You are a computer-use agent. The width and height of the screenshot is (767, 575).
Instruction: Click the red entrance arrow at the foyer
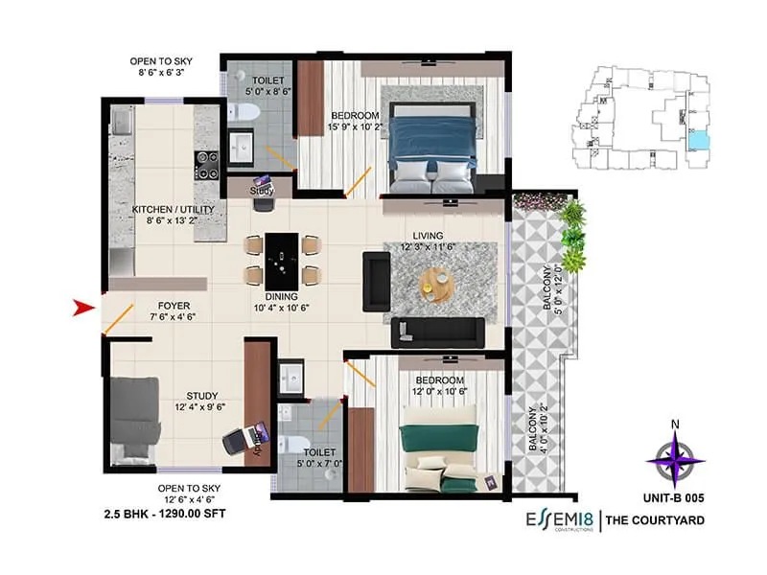84,308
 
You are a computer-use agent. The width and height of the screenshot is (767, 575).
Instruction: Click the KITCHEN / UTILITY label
166,208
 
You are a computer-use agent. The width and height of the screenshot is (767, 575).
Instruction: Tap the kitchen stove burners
206,164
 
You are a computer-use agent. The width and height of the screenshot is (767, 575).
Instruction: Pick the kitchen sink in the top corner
122,122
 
